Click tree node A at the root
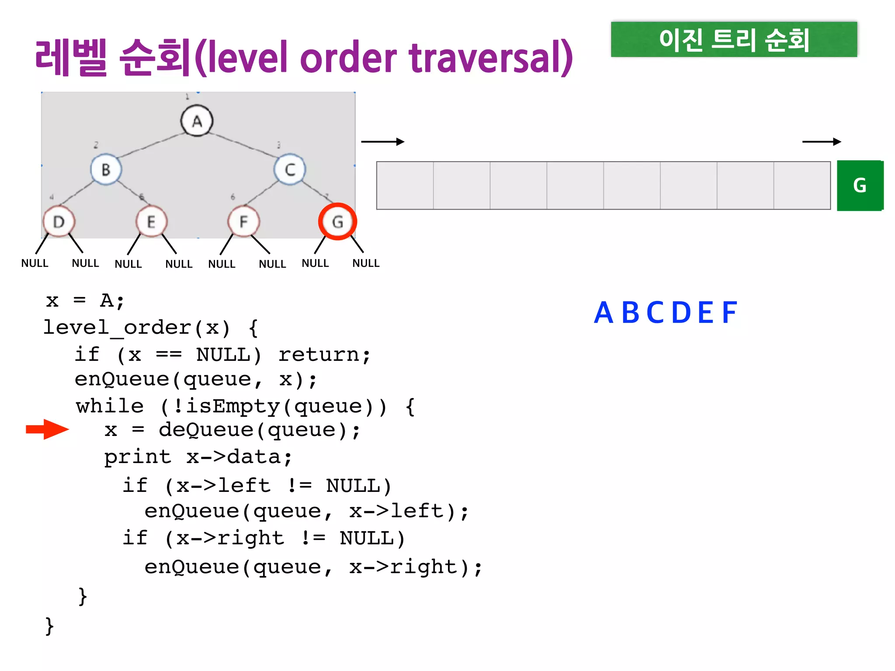197,121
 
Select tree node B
106,169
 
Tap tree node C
290,169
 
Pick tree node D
59,222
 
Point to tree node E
151,222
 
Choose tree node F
243,222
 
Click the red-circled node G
337,221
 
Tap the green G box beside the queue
860,186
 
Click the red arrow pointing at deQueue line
47,429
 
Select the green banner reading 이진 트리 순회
734,40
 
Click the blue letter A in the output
604,313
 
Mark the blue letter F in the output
729,313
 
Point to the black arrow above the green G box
822,142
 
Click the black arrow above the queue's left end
382,142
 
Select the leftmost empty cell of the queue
405,186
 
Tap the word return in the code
319,354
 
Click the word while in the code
110,406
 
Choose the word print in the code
138,457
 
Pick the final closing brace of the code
49,626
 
